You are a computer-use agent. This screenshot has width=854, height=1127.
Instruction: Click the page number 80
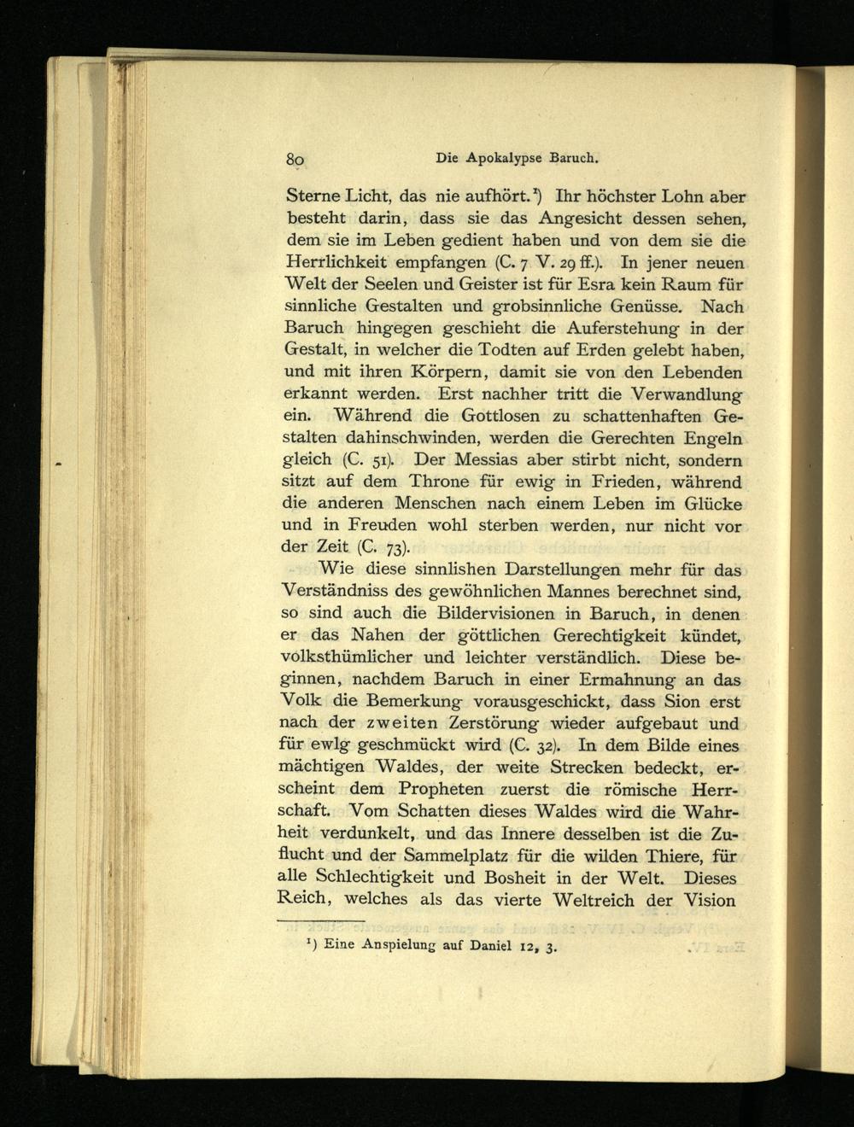[x=296, y=159]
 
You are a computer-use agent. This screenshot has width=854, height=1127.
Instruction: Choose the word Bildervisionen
[x=500, y=613]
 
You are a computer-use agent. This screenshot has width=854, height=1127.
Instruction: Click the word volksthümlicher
[x=346, y=657]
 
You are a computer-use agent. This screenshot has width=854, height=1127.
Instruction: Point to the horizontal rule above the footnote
[x=321, y=921]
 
